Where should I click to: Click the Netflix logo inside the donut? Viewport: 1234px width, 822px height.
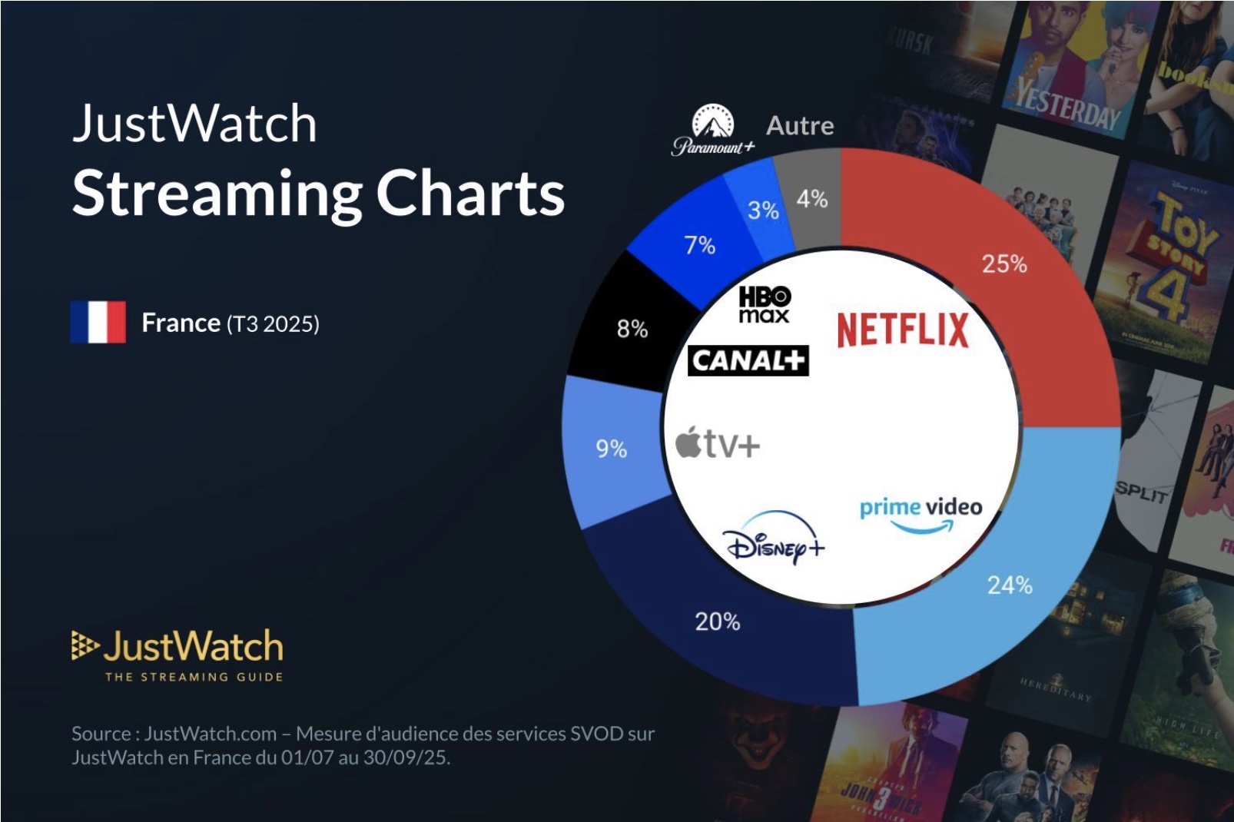point(902,330)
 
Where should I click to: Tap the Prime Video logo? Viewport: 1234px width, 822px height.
point(921,514)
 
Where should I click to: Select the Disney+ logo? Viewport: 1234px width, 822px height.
point(774,539)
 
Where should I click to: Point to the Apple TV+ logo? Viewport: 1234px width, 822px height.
point(718,443)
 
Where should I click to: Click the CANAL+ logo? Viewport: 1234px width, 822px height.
point(748,360)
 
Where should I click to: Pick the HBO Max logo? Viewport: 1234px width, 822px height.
point(765,304)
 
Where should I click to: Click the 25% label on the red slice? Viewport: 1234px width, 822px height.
point(1003,264)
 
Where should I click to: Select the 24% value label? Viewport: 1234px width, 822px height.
point(1009,585)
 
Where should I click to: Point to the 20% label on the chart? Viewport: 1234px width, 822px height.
point(717,621)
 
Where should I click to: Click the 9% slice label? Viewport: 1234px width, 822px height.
point(612,449)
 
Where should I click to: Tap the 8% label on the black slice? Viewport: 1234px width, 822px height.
point(632,330)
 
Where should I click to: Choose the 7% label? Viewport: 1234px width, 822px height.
point(699,246)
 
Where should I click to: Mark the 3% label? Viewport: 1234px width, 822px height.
point(763,210)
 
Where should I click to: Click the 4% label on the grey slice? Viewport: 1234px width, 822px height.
point(811,200)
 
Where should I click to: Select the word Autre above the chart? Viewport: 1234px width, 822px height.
point(800,125)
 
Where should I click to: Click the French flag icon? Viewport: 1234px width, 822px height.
point(98,322)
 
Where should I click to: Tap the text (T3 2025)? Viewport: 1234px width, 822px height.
point(273,324)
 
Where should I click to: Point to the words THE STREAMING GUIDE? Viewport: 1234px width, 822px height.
point(194,677)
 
